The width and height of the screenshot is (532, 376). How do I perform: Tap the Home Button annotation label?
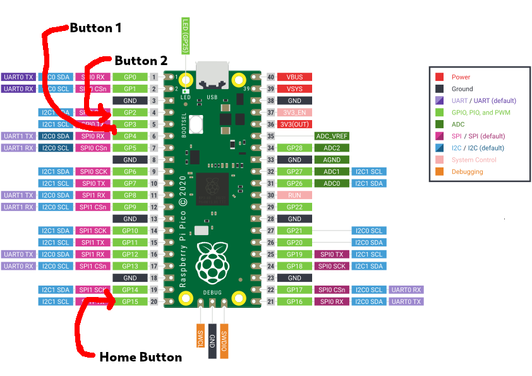(x=151, y=357)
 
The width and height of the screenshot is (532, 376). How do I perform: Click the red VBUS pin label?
(x=294, y=77)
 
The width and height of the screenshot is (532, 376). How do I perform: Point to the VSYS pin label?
(x=294, y=89)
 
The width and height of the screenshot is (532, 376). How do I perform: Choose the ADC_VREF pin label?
(x=332, y=136)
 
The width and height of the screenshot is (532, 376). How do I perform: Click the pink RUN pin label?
(x=294, y=195)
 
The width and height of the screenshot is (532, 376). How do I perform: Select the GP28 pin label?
(x=294, y=148)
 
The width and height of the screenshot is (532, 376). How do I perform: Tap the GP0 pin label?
(x=130, y=77)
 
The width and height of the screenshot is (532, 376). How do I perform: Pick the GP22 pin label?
(x=294, y=207)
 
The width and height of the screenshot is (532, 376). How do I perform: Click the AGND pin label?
(x=332, y=160)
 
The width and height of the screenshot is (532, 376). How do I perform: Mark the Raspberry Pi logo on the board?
(x=212, y=262)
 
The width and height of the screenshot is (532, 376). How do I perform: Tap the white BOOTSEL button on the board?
(x=196, y=124)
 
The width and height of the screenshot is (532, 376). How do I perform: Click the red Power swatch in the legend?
(x=440, y=77)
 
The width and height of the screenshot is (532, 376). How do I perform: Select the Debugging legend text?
(x=467, y=172)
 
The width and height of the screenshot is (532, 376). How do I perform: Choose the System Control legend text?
(x=473, y=160)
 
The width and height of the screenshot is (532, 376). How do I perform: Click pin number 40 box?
(x=271, y=77)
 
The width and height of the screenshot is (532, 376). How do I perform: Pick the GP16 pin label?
(x=294, y=302)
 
